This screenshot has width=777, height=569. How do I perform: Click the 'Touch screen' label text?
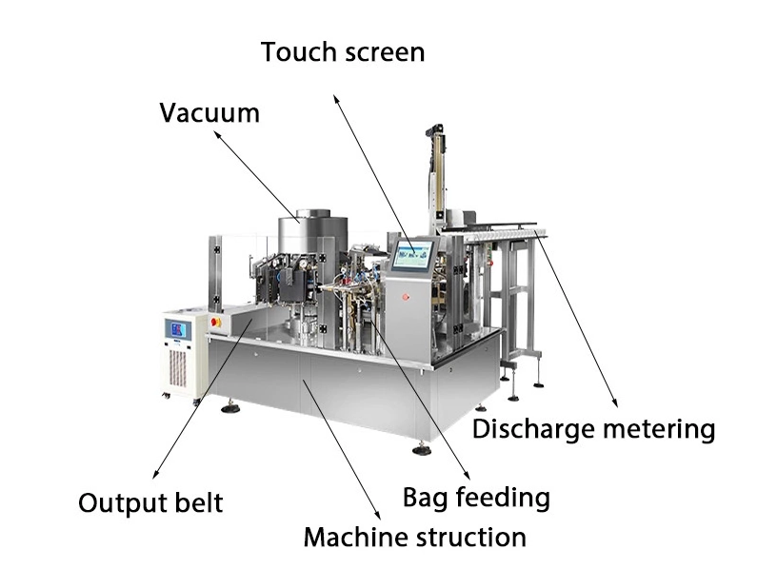click(343, 51)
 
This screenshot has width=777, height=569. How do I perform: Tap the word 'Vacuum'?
click(209, 112)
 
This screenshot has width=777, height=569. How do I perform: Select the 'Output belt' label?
click(150, 503)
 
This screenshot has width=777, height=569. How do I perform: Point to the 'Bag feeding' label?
click(476, 498)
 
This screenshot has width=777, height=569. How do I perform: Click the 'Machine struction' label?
click(415, 538)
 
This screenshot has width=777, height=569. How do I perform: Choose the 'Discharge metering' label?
click(593, 429)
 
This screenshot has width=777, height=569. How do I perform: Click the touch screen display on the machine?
click(413, 254)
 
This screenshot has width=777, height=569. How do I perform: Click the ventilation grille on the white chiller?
click(177, 368)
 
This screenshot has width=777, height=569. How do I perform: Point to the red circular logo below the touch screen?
click(406, 297)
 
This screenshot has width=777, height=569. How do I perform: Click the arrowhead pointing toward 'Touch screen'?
click(335, 99)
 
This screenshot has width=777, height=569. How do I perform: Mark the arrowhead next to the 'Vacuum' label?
click(217, 135)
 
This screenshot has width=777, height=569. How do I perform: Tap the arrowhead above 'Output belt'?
click(155, 474)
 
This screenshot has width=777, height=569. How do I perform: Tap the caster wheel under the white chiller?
click(166, 395)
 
